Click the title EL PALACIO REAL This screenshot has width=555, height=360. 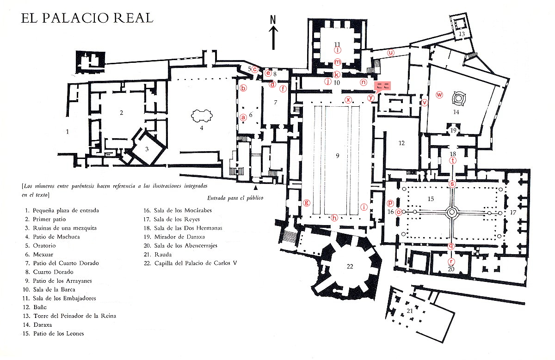87,18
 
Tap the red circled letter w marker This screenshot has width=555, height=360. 440,95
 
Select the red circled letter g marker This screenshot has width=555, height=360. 306,202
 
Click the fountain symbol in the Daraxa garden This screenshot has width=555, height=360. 459,98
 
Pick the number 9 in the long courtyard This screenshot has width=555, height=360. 338,156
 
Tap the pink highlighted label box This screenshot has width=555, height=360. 382,85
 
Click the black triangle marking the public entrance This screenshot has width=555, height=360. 255,188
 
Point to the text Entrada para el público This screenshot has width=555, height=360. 235,198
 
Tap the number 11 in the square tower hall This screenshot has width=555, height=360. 338,44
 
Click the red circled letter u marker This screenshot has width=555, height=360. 391,53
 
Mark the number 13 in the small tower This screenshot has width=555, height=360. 462,34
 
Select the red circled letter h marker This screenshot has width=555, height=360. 334,218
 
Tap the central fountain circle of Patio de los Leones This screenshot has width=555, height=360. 452,212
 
